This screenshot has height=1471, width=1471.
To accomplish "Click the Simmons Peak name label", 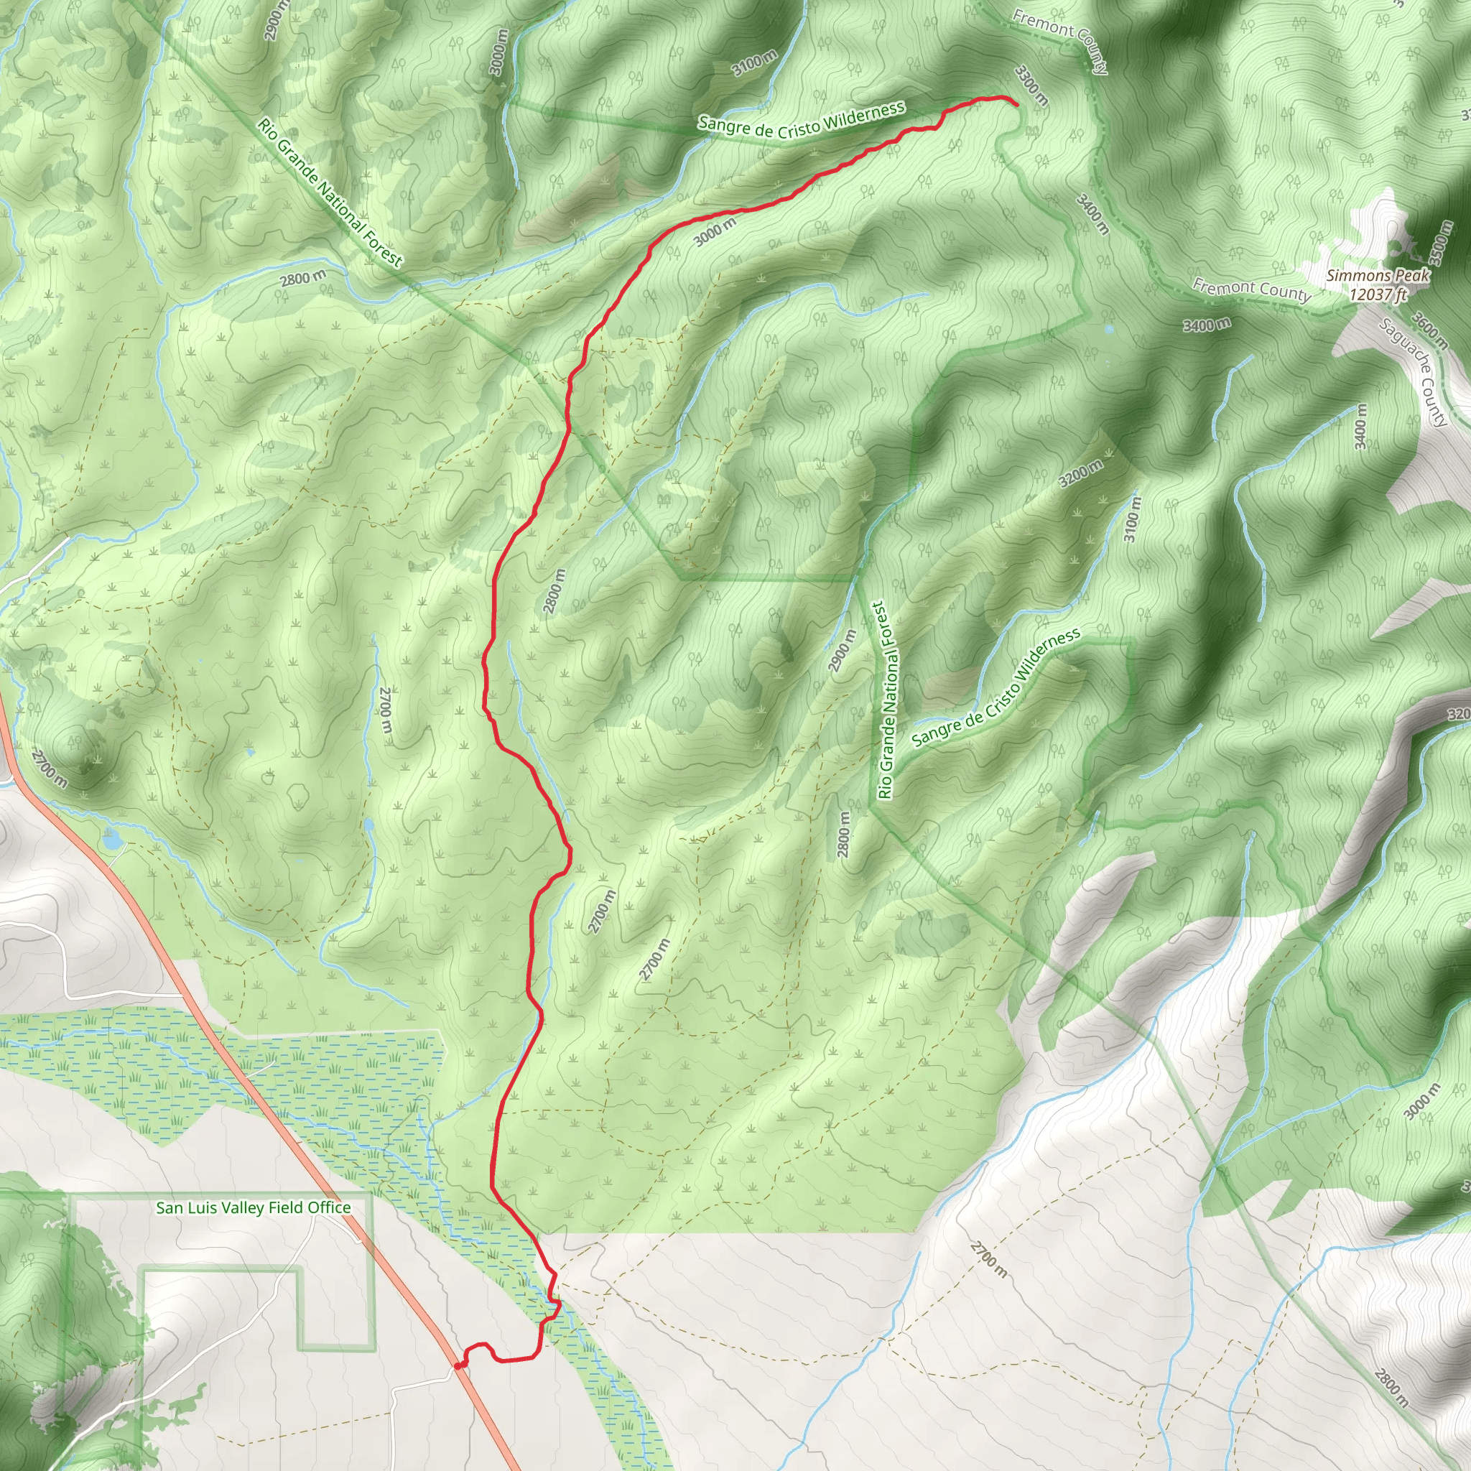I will point(1378,276).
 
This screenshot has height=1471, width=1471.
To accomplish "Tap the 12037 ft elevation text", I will point(1378,294).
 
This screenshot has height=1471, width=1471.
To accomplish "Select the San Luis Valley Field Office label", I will point(254,1207).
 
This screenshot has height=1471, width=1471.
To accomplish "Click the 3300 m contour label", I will point(1031,85).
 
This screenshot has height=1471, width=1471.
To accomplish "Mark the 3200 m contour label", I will point(1080,474).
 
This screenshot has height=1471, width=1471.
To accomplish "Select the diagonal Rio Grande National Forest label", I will point(330,192).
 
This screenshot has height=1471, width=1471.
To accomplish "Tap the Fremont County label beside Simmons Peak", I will point(1251,290).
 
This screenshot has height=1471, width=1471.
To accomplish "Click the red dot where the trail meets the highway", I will point(458,1365).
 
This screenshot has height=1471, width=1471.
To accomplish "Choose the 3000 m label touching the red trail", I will point(715,232).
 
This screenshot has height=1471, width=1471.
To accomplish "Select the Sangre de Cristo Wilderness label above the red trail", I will point(802,120).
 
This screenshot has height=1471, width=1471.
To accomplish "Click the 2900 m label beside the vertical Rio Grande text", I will point(840,650).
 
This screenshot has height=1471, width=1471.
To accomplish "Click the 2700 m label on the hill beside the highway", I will point(50,769).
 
